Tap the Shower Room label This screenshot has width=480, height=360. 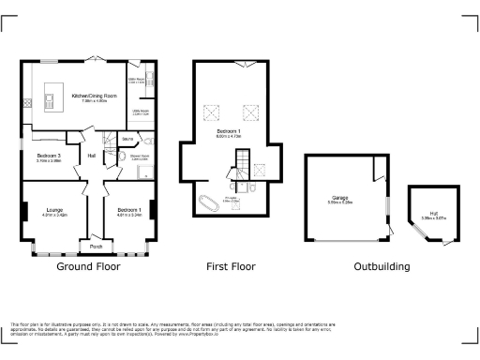click(139, 157)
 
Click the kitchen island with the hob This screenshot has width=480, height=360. click(49, 97)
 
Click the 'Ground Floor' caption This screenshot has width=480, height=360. click(87, 267)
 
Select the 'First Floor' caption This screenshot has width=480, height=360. click(231, 267)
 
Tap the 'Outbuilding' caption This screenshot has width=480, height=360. click(381, 267)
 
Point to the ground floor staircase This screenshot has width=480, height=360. click(110, 142)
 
